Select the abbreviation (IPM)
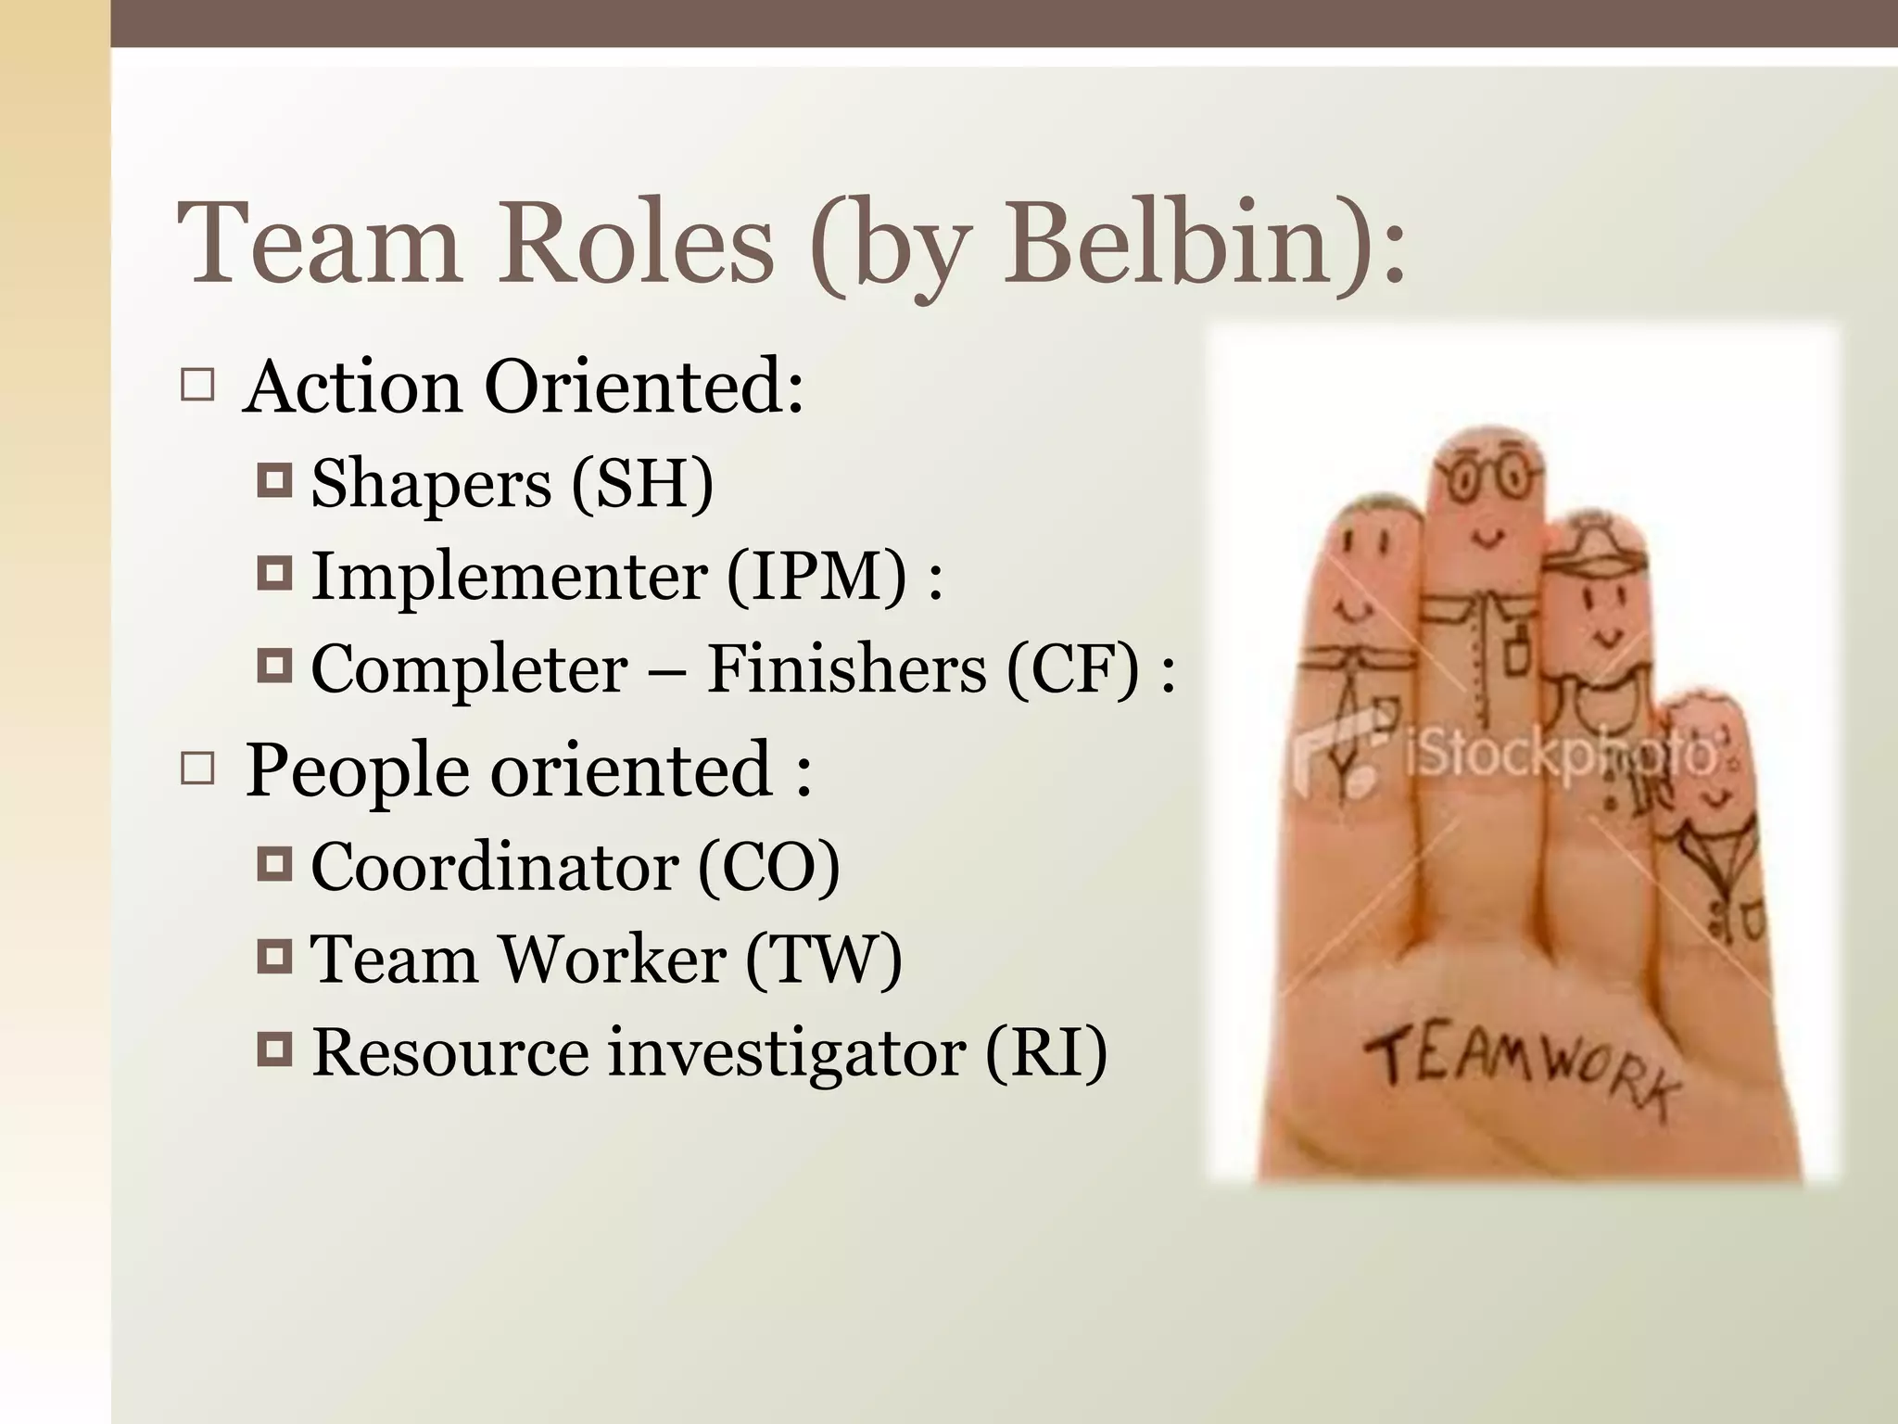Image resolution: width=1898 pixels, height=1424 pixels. (816, 577)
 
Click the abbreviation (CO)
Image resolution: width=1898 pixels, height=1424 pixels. (768, 867)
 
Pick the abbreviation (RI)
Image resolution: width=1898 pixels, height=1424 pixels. (1045, 1052)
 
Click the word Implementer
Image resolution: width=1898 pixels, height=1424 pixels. (509, 577)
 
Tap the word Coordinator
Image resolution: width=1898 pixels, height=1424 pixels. (494, 867)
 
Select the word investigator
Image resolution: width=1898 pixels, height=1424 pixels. (786, 1053)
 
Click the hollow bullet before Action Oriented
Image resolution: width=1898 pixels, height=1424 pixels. (197, 386)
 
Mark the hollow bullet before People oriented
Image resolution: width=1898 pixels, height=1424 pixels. (197, 769)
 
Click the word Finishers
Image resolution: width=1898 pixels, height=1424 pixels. (846, 668)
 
